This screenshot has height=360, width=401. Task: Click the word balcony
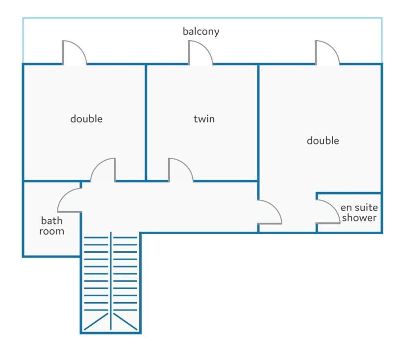pos(201,31)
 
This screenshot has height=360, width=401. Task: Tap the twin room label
pos(204,119)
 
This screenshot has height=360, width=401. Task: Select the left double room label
pos(86,119)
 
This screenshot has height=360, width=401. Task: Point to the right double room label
pos(323,141)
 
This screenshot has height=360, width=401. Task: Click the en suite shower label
pos(359,213)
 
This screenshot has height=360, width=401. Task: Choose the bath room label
pos(51,226)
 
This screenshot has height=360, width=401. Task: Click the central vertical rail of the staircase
pos(111,281)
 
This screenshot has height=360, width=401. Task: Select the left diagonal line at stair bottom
pos(96,321)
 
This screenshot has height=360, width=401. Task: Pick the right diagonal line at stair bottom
pos(125,321)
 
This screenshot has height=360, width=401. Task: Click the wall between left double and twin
pos(146,122)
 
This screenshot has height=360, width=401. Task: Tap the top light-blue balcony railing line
pos(202,18)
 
